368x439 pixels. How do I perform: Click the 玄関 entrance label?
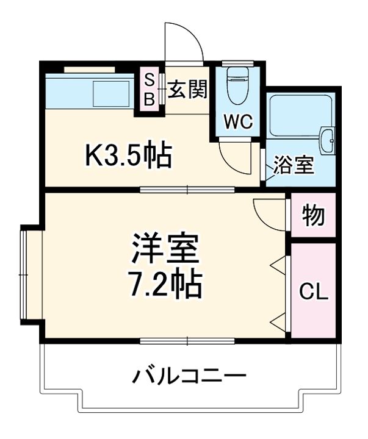(x=187, y=90)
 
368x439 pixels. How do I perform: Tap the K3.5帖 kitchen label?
(x=128, y=156)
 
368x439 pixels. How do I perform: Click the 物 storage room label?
(x=313, y=216)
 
